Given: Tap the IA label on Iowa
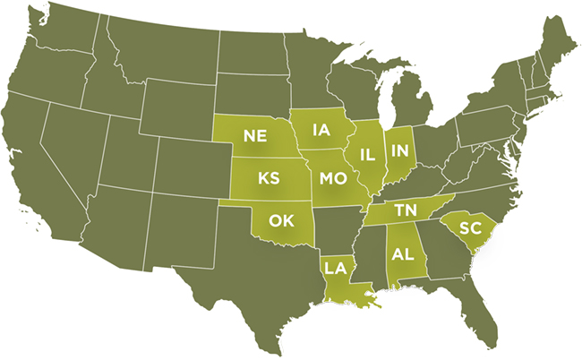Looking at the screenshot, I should coord(321,131).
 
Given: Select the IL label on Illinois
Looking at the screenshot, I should coord(366,154).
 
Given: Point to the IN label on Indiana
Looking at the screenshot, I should coord(399,150).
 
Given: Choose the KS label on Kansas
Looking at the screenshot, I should coord(269,177).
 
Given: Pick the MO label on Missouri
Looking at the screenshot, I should coord(332,179).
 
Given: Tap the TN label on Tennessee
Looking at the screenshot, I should coord(406,210).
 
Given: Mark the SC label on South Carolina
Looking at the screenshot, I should coord(470,227).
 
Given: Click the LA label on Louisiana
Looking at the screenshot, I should coord(335,267).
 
